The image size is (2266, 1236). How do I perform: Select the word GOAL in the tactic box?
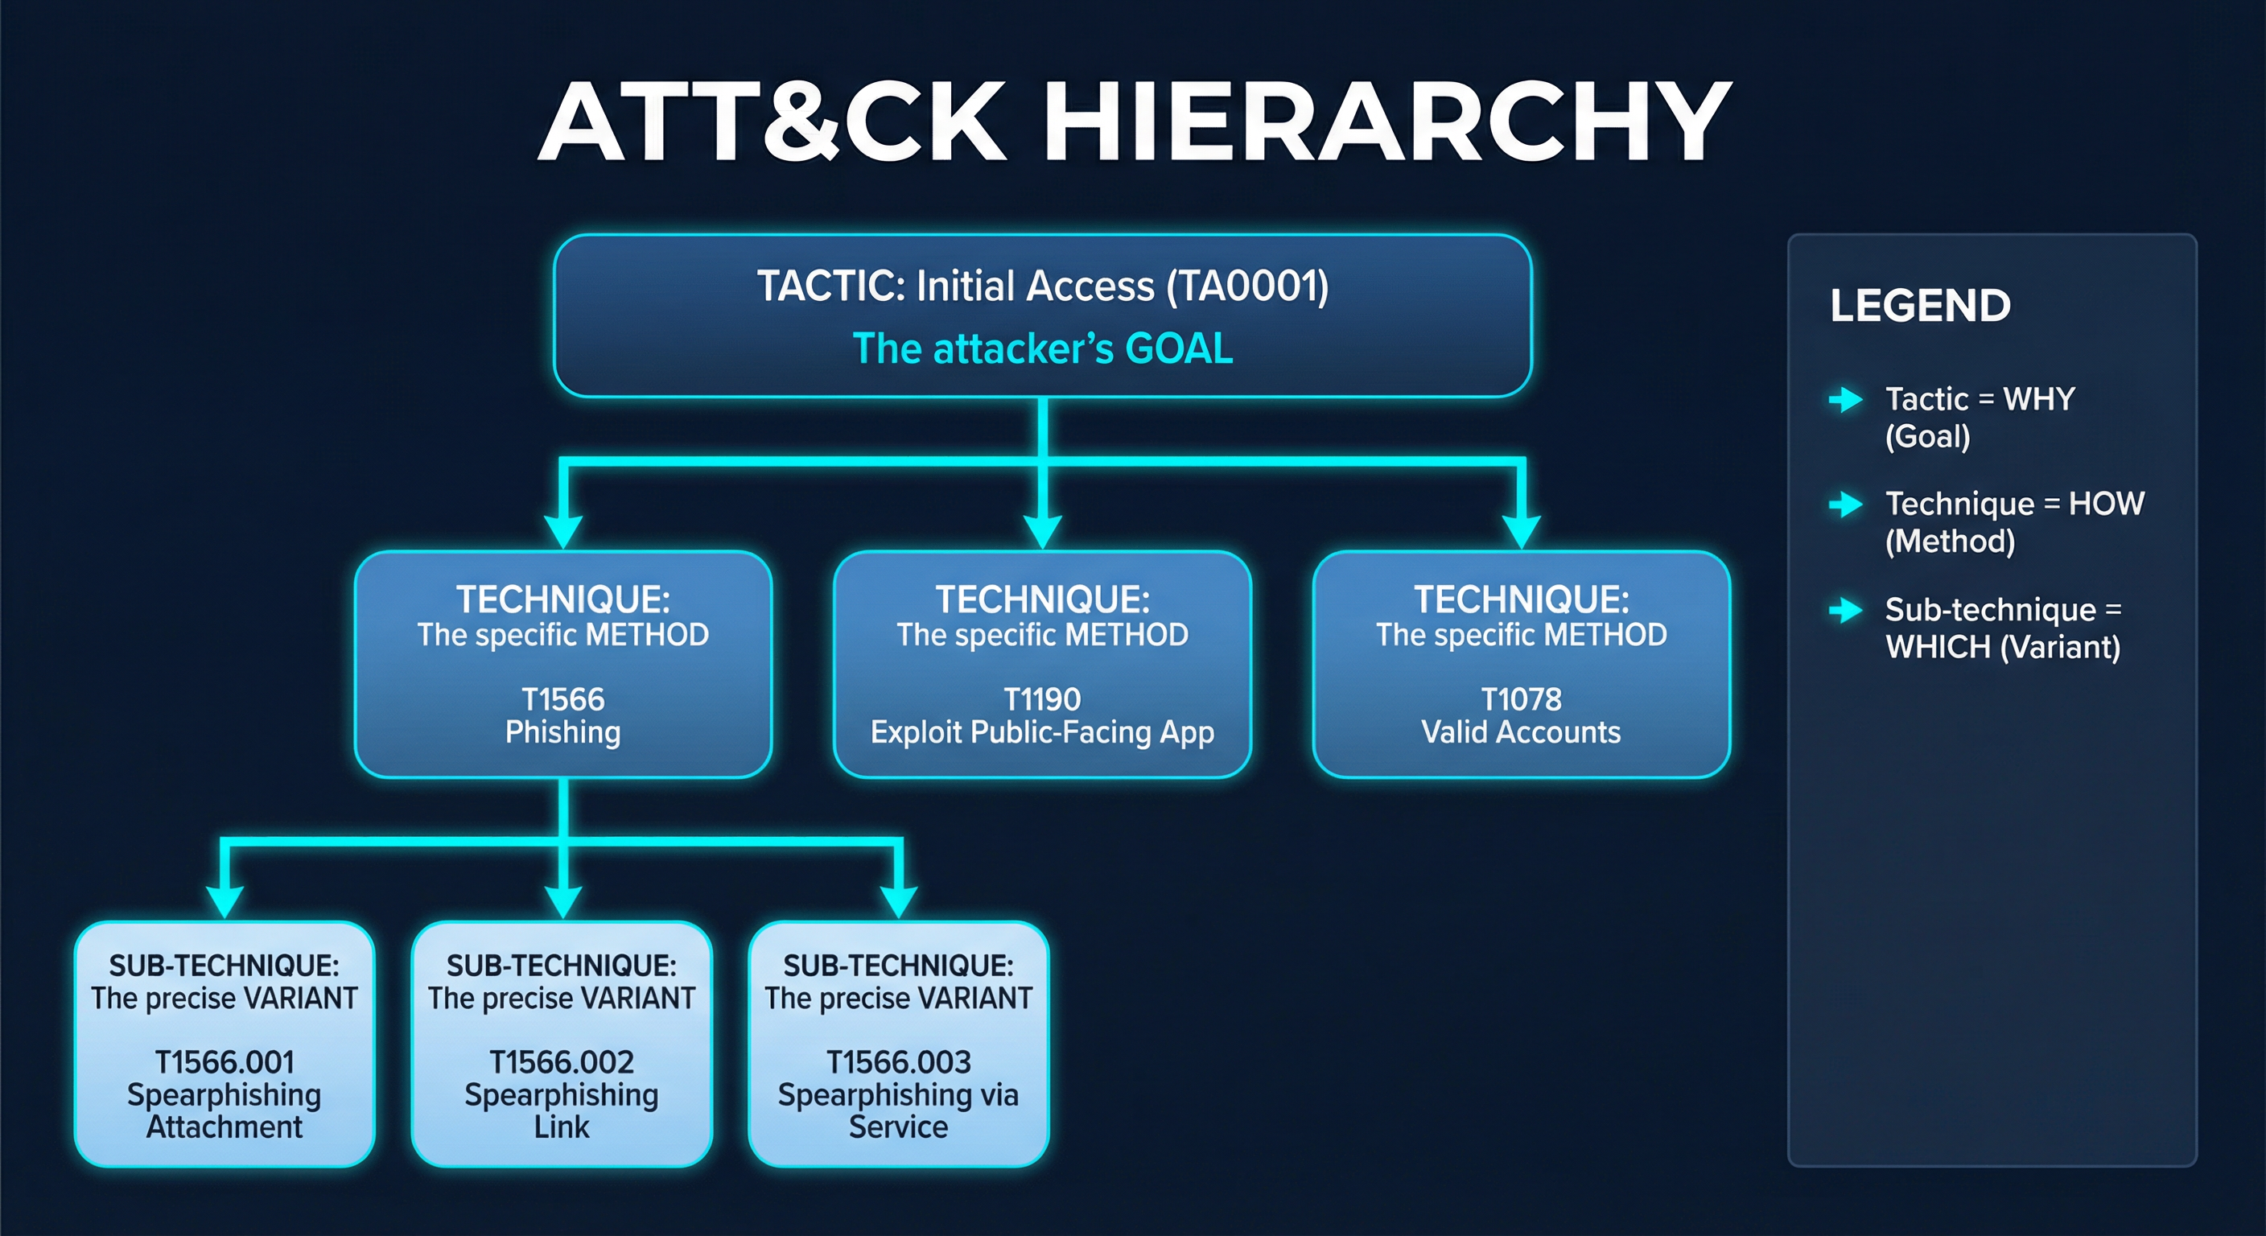(x=1179, y=348)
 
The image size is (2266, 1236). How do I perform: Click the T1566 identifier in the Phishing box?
(x=563, y=699)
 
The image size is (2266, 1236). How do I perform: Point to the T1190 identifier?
(x=1042, y=699)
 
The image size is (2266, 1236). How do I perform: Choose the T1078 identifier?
(x=1521, y=699)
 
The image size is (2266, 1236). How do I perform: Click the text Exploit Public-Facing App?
(x=1042, y=732)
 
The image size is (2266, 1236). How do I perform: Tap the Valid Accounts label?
(x=1521, y=732)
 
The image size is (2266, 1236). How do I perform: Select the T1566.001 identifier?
(x=225, y=1062)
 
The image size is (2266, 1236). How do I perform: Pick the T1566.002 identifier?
(x=561, y=1062)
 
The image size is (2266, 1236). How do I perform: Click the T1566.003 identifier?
(x=898, y=1062)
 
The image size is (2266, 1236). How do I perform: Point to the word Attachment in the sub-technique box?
(x=225, y=1127)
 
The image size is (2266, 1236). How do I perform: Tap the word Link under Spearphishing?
(x=561, y=1127)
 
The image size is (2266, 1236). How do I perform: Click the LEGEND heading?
(x=1920, y=306)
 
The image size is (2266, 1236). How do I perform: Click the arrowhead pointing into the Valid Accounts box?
(x=1521, y=530)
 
